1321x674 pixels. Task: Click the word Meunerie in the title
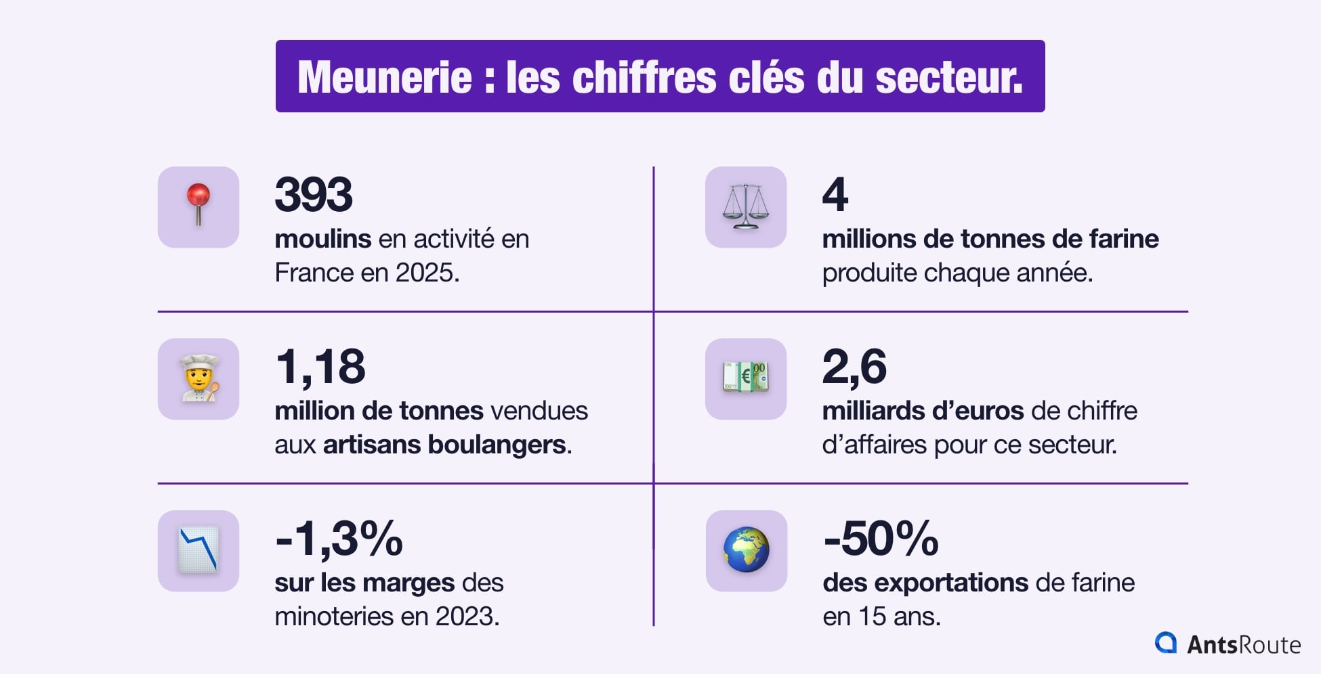384,77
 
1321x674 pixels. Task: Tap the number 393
314,195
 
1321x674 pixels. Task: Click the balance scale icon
745,206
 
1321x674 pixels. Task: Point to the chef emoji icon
198,379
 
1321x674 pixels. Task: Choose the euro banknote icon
745,378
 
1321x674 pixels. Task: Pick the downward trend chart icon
198,550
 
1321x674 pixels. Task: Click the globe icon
746,550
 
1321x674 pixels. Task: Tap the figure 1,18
320,367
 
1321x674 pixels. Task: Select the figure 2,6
854,367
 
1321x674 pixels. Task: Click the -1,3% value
339,539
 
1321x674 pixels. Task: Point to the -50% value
881,539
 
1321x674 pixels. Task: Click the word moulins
322,239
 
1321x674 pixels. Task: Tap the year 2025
425,273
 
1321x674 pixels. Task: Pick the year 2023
465,617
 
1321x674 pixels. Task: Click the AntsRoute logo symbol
1166,643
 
